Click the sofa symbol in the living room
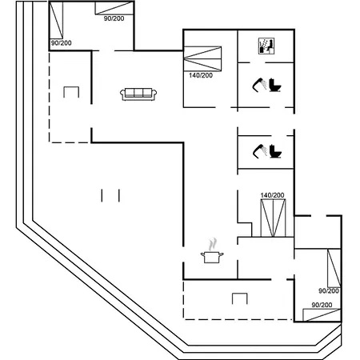[x=138, y=94]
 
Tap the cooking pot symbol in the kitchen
[x=212, y=257]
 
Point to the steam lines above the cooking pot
[x=213, y=245]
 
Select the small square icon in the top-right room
[x=266, y=46]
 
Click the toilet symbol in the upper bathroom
[x=275, y=85]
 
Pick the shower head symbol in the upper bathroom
[x=259, y=85]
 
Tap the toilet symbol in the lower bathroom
[x=275, y=151]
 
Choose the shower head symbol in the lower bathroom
[x=259, y=151]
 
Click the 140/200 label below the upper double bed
[x=201, y=75]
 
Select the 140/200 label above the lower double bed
[x=272, y=195]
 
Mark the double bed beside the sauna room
[x=202, y=59]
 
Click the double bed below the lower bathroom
[x=273, y=218]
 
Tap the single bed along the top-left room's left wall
[x=56, y=20]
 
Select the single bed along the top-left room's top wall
[x=114, y=8]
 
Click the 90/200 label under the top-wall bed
[x=114, y=18]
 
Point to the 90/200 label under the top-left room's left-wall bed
[x=62, y=43]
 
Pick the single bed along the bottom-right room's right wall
[x=334, y=268]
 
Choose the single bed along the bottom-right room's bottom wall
[x=322, y=315]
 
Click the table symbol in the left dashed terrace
[x=71, y=92]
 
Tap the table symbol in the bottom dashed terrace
[x=240, y=298]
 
